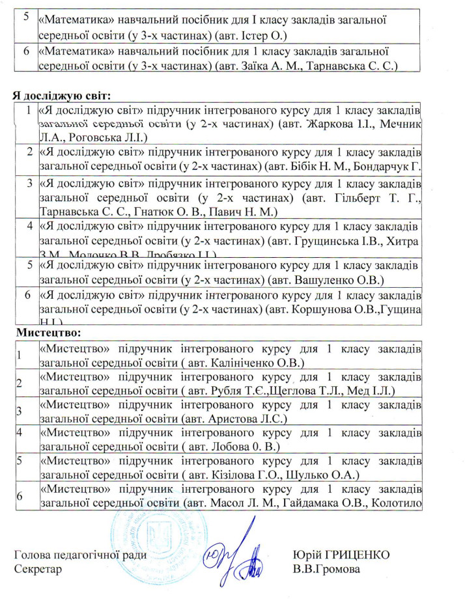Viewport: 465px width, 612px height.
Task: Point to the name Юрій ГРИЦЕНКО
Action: tap(341, 555)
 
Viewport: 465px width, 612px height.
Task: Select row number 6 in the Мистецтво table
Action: tap(20, 496)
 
